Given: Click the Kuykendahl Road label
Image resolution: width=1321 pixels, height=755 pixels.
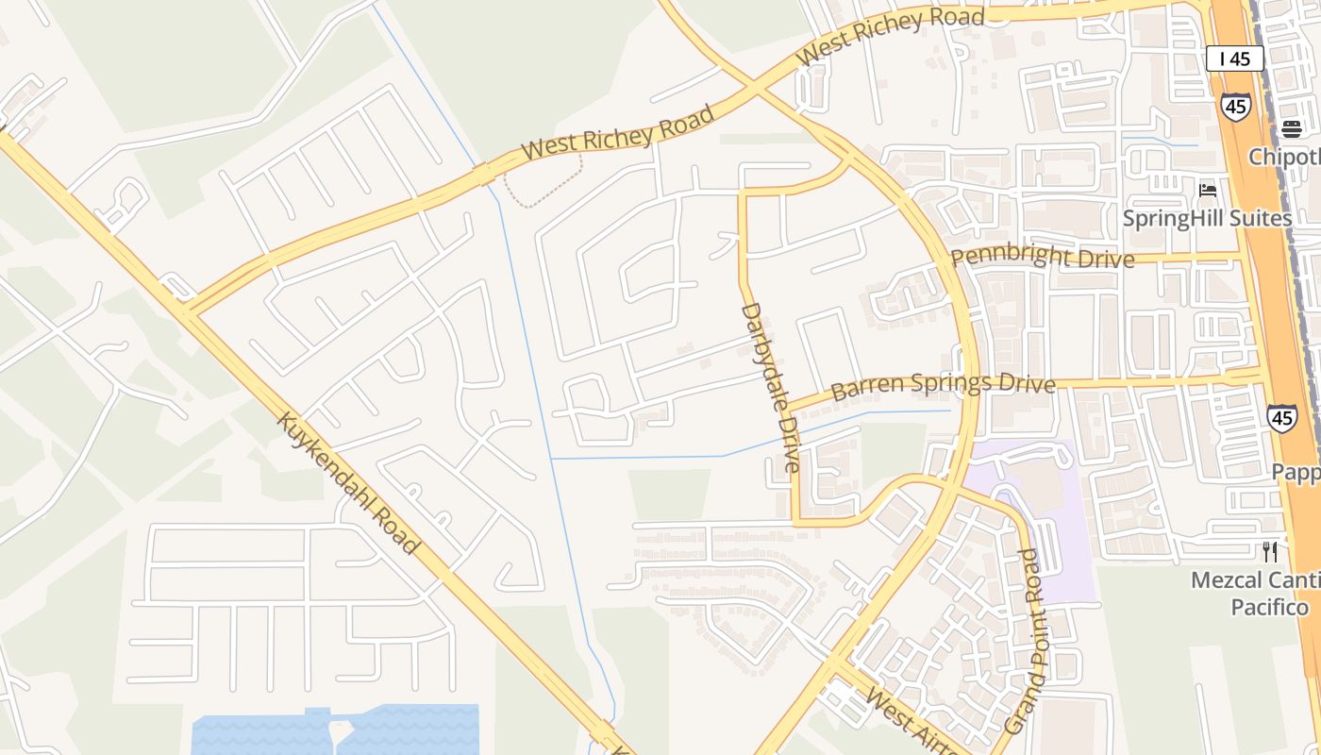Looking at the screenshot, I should click(x=346, y=482).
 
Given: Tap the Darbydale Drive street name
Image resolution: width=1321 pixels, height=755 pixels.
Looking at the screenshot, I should click(x=770, y=387).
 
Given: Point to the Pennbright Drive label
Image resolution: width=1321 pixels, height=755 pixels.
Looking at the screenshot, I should click(x=1042, y=257).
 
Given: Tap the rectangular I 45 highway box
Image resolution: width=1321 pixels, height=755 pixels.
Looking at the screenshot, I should click(x=1234, y=59).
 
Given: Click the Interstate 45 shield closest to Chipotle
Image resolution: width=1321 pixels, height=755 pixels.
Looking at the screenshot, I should click(x=1234, y=106).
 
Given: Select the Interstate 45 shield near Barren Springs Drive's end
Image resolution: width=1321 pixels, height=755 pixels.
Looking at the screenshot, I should click(x=1281, y=418).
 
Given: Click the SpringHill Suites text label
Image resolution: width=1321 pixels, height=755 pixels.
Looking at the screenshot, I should click(x=1206, y=219).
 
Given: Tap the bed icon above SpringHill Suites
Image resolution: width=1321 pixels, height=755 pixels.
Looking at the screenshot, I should click(x=1207, y=190).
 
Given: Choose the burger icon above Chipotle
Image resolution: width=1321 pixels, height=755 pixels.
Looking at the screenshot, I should click(x=1292, y=128).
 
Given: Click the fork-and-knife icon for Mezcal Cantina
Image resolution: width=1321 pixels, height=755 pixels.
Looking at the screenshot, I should click(x=1270, y=551).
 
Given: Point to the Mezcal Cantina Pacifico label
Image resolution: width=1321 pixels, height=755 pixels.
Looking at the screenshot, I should click(x=1255, y=593).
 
